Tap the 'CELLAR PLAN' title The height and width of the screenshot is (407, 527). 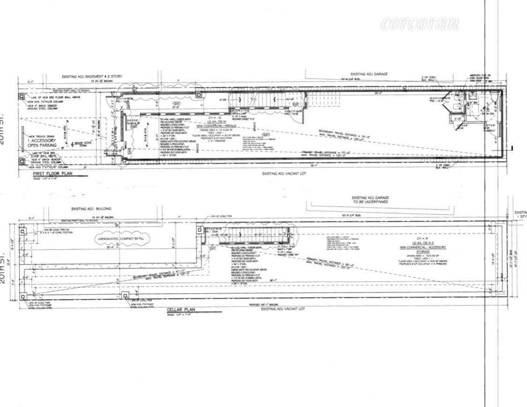point(180,310)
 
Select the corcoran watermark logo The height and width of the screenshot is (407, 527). point(420,23)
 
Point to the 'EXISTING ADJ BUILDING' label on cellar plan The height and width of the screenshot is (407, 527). point(91,209)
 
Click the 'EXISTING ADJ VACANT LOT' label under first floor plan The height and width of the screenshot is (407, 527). point(283,173)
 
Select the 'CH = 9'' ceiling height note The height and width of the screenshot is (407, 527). point(423,238)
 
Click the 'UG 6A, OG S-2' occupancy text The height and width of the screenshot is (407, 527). point(423,243)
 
